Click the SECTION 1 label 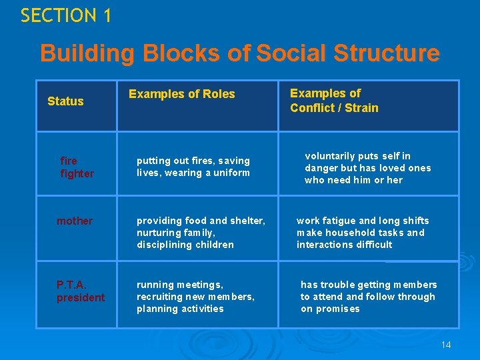[65, 15]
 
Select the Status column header [65, 101]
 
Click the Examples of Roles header [181, 94]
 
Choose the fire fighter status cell [77, 167]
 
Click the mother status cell [75, 221]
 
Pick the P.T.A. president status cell [80, 291]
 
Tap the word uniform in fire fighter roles [230, 173]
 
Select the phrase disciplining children [185, 245]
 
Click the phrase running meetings [179, 285]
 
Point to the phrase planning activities [179, 309]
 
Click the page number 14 [446, 345]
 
